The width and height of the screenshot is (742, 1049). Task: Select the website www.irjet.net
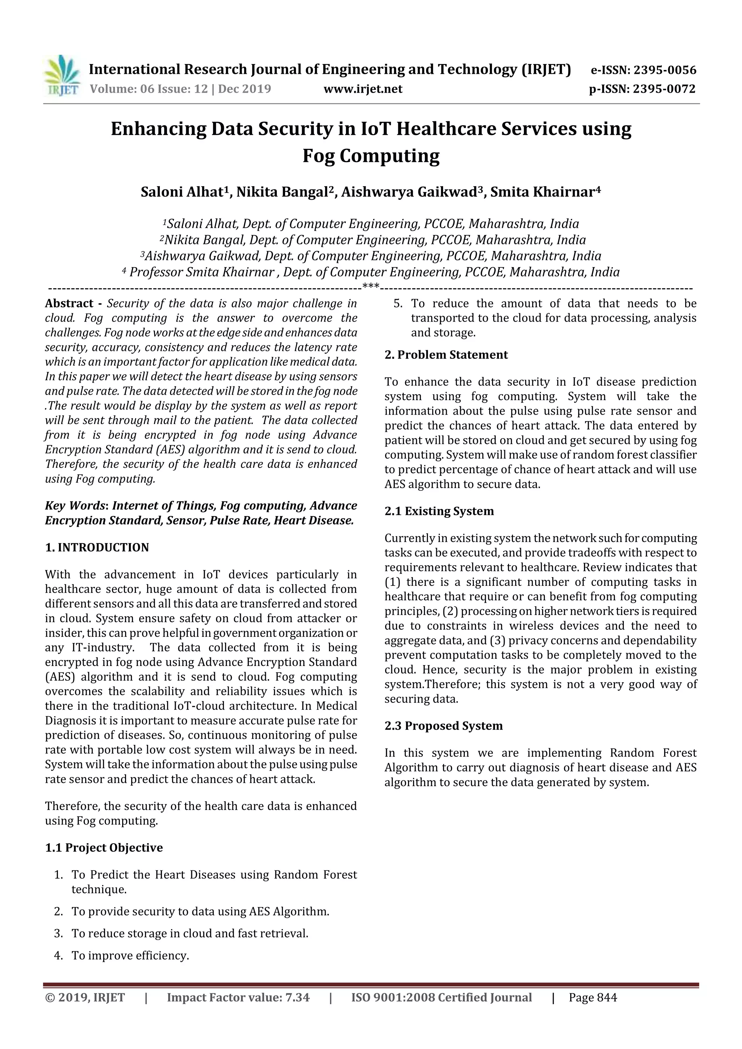click(x=363, y=89)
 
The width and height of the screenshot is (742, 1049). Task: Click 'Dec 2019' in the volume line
click(x=245, y=89)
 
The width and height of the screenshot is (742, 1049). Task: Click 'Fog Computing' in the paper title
click(x=371, y=156)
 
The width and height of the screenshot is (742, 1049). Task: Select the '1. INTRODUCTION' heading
click(x=97, y=547)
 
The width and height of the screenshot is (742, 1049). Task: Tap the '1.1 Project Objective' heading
click(x=104, y=848)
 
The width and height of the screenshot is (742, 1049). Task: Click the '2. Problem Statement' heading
click(x=446, y=355)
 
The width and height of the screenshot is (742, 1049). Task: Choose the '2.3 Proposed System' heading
click(x=443, y=726)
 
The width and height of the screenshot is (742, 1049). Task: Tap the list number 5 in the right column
click(x=398, y=304)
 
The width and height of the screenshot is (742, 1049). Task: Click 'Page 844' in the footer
click(x=592, y=1010)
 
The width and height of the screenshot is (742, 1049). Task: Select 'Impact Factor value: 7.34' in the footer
click(x=238, y=1010)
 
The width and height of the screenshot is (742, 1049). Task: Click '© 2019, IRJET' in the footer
click(x=85, y=1010)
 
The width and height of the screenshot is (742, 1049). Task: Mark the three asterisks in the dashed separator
click(x=370, y=287)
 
